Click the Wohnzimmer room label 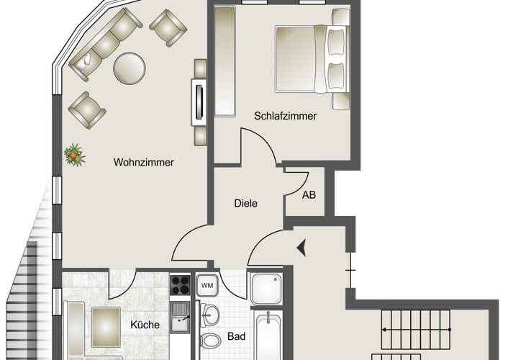click(143, 162)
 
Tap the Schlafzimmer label click(285, 116)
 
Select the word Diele click(245, 203)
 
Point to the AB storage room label click(309, 195)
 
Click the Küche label click(145, 325)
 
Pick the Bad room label click(236, 336)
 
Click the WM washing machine click(207, 285)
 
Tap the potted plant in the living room click(75, 155)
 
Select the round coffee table click(130, 68)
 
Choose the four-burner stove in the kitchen click(180, 284)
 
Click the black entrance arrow click(301, 248)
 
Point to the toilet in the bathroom click(209, 341)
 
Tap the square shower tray click(266, 288)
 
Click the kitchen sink click(180, 317)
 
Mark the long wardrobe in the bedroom click(224, 61)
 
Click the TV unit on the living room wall click(199, 102)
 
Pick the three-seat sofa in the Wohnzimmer click(106, 45)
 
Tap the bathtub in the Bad click(268, 336)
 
